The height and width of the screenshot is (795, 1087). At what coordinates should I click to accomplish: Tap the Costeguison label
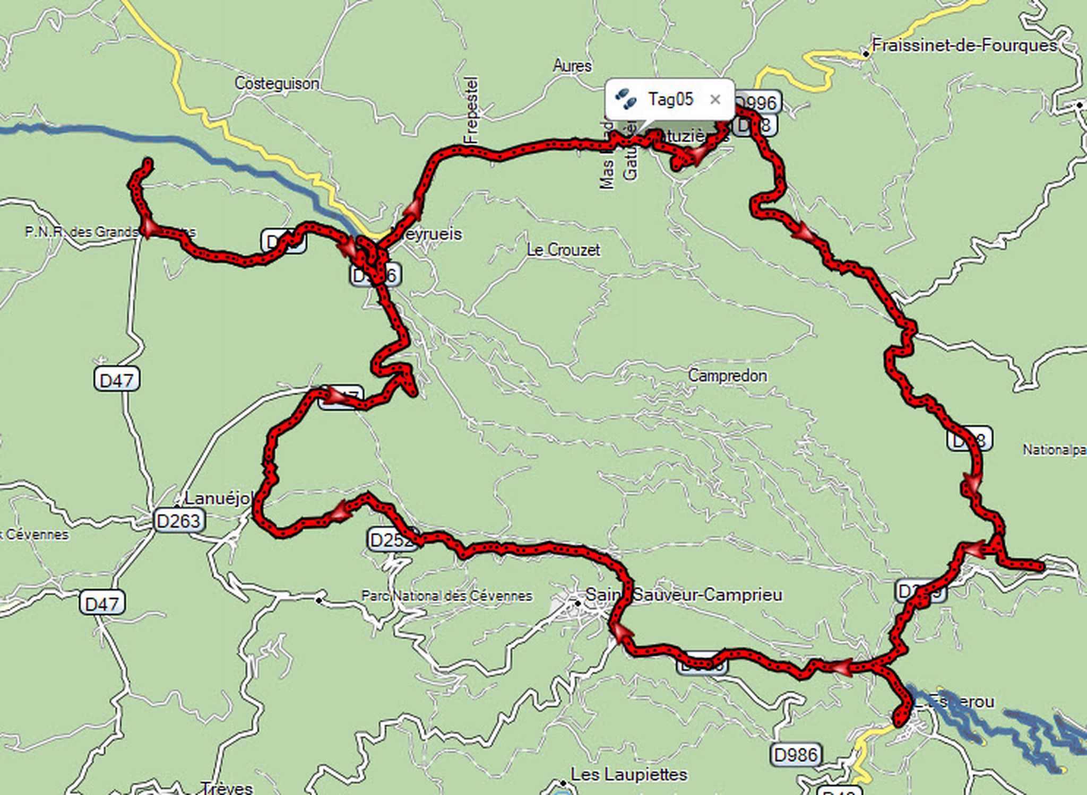pos(277,83)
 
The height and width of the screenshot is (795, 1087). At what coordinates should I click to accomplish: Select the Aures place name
pos(572,66)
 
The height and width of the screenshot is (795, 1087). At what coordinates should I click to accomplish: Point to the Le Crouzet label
pos(563,250)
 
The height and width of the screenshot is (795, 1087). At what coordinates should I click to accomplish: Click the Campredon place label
pos(727,375)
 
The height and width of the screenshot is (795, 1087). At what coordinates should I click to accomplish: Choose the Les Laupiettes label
pos(629,774)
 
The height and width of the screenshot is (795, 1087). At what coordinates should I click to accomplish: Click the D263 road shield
pos(179,521)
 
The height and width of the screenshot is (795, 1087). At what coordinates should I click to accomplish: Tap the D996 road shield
pos(758,103)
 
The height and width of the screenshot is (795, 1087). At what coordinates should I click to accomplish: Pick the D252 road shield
pos(391,540)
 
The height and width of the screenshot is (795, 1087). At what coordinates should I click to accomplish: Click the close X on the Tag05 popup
pos(715,99)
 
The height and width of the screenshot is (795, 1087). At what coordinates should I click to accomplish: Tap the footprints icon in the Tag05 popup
pos(626,99)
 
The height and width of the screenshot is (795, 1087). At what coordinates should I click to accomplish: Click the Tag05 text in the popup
pos(670,99)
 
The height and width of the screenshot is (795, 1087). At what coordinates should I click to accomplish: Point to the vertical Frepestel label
pos(471,110)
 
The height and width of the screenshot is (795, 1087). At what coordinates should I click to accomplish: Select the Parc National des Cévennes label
pos(446,596)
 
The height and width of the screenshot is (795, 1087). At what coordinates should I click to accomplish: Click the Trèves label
pos(227,788)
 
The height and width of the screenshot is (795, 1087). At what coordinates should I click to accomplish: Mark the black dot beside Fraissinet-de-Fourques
pos(866,54)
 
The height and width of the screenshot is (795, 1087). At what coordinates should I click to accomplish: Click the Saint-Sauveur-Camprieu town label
pos(684,595)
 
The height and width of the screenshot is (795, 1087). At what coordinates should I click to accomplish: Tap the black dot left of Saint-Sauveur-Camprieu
pos(577,602)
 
